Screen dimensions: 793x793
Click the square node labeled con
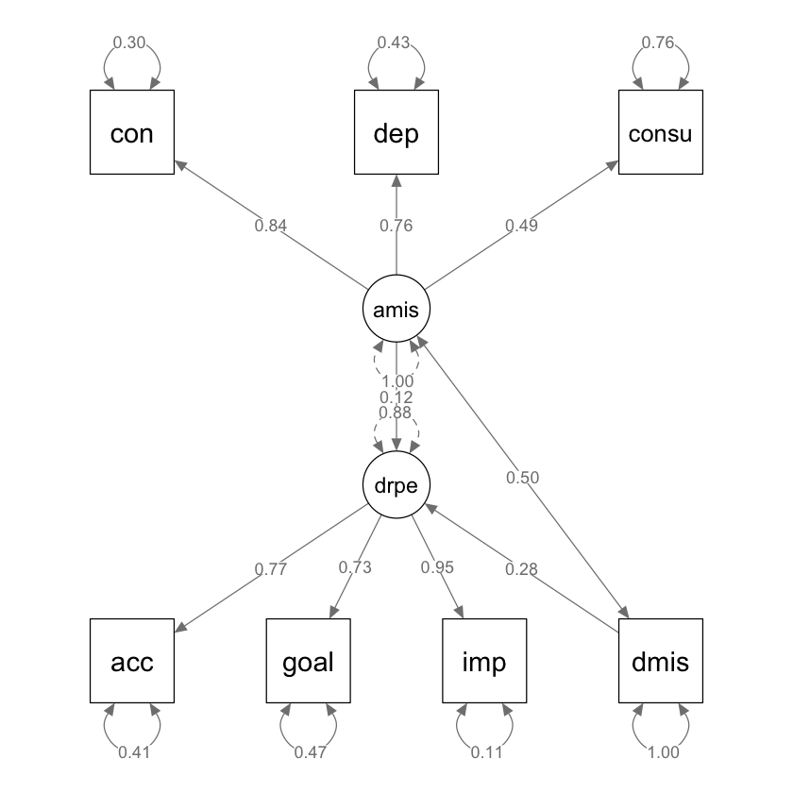132,133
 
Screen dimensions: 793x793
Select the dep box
396,133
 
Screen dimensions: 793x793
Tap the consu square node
661,133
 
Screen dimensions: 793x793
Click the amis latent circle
396,309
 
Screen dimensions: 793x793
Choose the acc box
132,662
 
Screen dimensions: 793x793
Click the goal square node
309,662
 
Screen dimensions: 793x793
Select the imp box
484,662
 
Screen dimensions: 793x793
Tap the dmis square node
661,662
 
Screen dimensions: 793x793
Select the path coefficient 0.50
522,478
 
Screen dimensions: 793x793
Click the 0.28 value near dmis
521,568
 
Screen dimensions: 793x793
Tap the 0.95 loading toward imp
437,567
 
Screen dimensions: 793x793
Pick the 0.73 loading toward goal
355,567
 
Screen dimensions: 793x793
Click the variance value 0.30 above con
129,42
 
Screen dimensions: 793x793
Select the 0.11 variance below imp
484,752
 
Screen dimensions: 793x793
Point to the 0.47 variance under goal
309,752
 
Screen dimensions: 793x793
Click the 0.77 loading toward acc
270,569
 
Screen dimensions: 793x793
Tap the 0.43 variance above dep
395,42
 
